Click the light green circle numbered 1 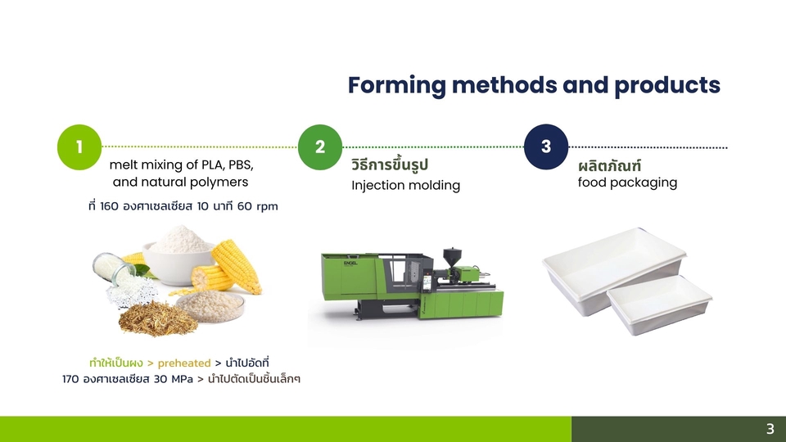[x=79, y=147]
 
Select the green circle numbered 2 [x=320, y=147]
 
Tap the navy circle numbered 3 [x=546, y=147]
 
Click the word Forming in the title [x=396, y=86]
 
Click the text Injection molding [x=405, y=186]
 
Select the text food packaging [x=627, y=183]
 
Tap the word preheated [x=184, y=363]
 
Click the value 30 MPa [x=173, y=379]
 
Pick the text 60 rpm [x=257, y=206]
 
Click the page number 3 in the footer [x=770, y=429]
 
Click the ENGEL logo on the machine [x=350, y=263]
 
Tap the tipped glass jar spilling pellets [x=113, y=269]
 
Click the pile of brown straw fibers [x=158, y=318]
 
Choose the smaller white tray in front [x=659, y=304]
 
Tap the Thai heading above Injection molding [x=390, y=165]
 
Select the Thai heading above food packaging [x=609, y=165]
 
